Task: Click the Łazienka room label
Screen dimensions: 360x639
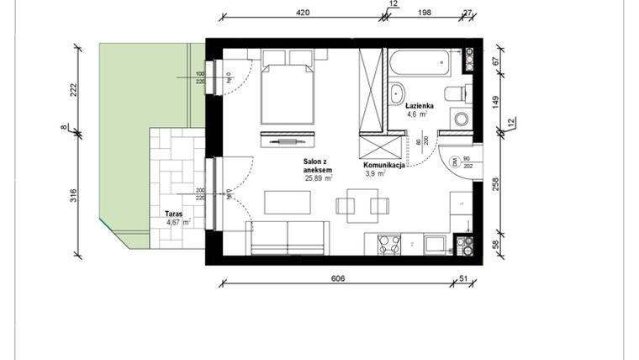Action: coord(419,107)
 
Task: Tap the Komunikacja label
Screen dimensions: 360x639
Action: coord(385,166)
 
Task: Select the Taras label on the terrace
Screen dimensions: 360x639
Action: coord(175,214)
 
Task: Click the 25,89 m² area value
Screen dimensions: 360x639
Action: coord(319,178)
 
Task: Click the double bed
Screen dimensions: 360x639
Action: coord(286,88)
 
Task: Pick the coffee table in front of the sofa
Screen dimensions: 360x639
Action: coord(287,203)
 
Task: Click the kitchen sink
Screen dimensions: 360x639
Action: coord(436,244)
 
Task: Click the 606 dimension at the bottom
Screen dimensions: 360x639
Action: coord(338,278)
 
